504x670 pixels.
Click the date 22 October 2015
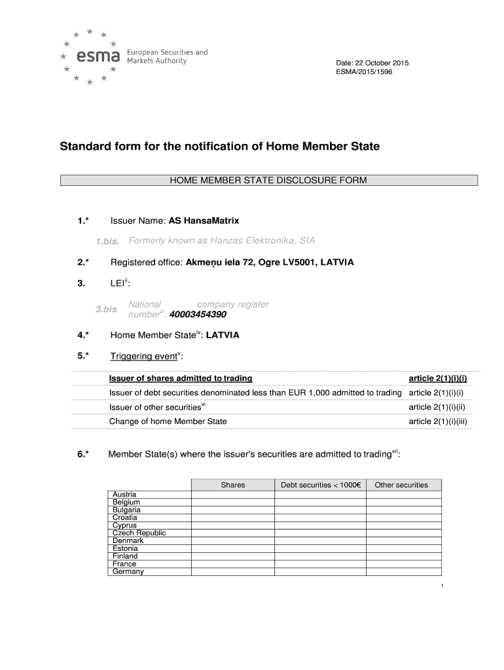372,62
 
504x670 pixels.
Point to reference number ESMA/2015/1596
364,72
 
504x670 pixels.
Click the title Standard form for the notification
220,147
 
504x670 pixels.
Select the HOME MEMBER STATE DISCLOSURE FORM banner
269,181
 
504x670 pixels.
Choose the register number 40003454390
198,314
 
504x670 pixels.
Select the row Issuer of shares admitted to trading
181,379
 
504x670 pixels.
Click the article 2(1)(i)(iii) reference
437,421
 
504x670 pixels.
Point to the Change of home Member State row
168,421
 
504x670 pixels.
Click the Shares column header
233,485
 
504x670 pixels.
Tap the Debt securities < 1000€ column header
321,485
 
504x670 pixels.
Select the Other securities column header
401,485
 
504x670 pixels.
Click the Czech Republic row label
139,533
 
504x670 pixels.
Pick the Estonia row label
126,548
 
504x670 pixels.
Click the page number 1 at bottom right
442,586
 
